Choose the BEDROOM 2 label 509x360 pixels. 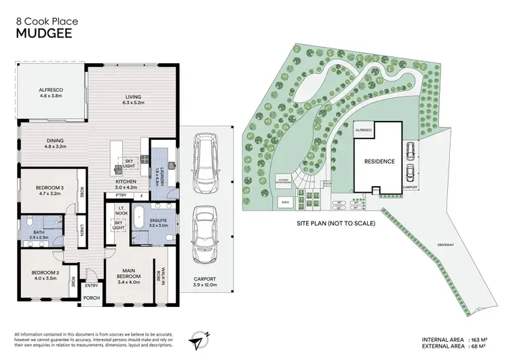[45, 273]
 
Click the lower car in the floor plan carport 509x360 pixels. [205, 229]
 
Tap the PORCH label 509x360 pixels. [91, 298]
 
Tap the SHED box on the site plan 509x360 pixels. [284, 202]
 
